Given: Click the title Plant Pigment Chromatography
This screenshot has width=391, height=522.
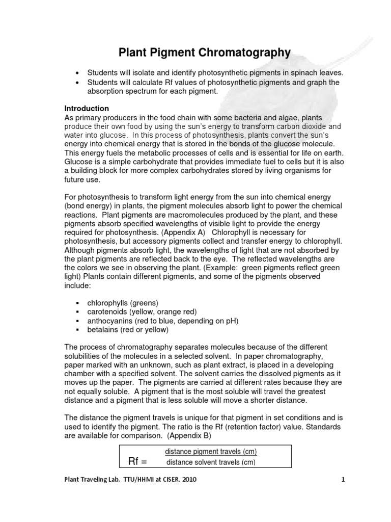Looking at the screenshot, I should (x=205, y=52).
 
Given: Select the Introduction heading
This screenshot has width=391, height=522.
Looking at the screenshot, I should (x=87, y=109).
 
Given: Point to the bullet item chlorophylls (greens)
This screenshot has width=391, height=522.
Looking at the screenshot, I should (x=123, y=302).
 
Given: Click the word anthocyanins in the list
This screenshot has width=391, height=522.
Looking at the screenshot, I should (x=110, y=321).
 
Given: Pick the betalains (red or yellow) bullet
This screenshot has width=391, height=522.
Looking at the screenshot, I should (x=128, y=330).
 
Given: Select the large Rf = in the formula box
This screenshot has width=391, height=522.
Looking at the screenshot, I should (x=137, y=462).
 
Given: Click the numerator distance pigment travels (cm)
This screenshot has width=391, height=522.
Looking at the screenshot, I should (x=211, y=452).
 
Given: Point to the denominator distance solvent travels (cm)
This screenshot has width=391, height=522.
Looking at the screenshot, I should (x=211, y=462).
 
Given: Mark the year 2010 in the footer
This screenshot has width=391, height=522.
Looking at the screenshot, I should (x=186, y=480).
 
